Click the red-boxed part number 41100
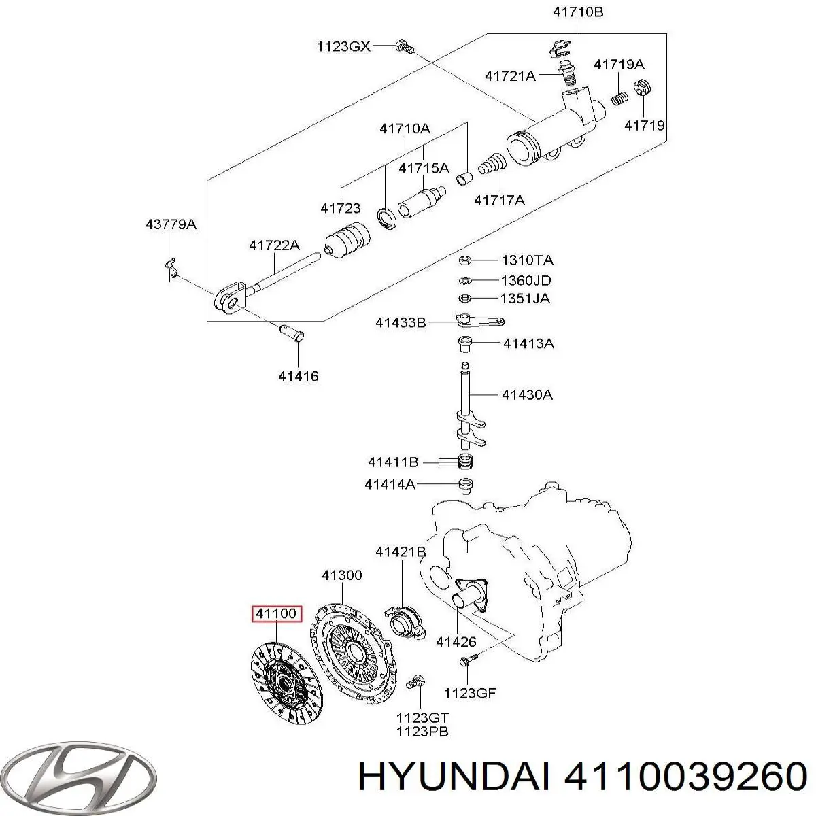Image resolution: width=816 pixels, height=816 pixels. [x=276, y=614]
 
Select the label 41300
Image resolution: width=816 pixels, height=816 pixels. [x=342, y=575]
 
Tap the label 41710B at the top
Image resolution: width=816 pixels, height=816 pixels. [x=577, y=12]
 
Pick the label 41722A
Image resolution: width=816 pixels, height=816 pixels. [x=274, y=245]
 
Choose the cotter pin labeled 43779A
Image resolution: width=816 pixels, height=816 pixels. [x=171, y=268]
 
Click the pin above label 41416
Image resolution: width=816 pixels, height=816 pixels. [x=293, y=334]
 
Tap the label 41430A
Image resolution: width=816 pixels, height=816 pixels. [x=527, y=394]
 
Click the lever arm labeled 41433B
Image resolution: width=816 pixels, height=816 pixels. [x=479, y=322]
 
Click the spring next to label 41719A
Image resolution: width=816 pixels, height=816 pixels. [x=618, y=97]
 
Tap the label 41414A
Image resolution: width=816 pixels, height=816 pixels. [x=390, y=485]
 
